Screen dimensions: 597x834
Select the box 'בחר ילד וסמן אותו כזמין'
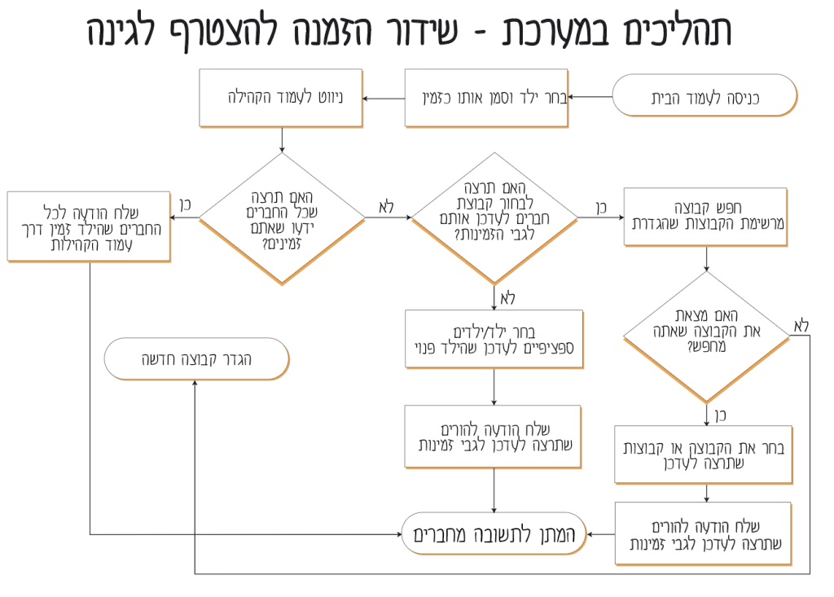486,99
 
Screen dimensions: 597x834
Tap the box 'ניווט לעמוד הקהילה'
281,99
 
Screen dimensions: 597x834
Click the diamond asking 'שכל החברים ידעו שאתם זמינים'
282,219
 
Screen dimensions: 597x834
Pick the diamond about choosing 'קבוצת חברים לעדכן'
494,217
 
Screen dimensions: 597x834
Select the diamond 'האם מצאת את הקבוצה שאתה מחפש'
706,336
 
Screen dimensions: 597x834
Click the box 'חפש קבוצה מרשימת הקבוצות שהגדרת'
706,216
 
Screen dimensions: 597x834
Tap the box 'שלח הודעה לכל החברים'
89,226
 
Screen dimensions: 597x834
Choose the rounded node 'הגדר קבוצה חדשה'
196,358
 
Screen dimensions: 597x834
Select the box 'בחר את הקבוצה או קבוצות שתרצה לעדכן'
706,454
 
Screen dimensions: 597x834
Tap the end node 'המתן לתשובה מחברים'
494,534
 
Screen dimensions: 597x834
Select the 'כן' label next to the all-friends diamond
184,204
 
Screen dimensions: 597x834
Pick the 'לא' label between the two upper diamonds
386,206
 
